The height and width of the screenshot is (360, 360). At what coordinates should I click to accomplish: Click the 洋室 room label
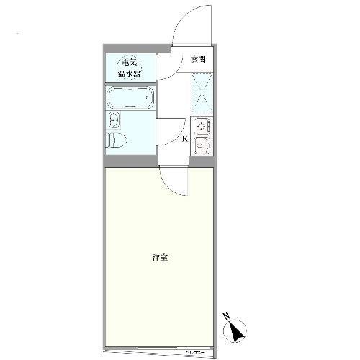pos(160,257)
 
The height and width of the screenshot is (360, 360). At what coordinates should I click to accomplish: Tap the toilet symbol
pos(118,138)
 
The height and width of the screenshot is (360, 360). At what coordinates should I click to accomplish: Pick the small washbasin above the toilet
pos(114,120)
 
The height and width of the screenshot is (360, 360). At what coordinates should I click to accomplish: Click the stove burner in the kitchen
pos(202,125)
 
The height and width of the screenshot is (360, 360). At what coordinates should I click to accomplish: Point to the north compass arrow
pos(237,332)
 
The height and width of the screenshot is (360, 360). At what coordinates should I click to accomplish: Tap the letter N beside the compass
pos(226,315)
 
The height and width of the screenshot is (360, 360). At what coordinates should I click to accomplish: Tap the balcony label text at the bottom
pos(195,352)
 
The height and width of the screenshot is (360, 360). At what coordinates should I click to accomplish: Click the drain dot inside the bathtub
pos(148,96)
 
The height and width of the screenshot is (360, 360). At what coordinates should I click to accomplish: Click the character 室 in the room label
pos(164,257)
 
